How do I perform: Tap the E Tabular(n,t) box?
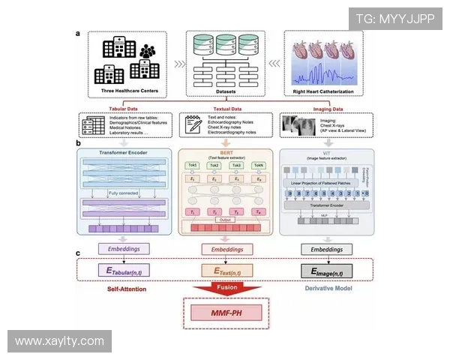point(125,270)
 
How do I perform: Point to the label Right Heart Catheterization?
point(328,92)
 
